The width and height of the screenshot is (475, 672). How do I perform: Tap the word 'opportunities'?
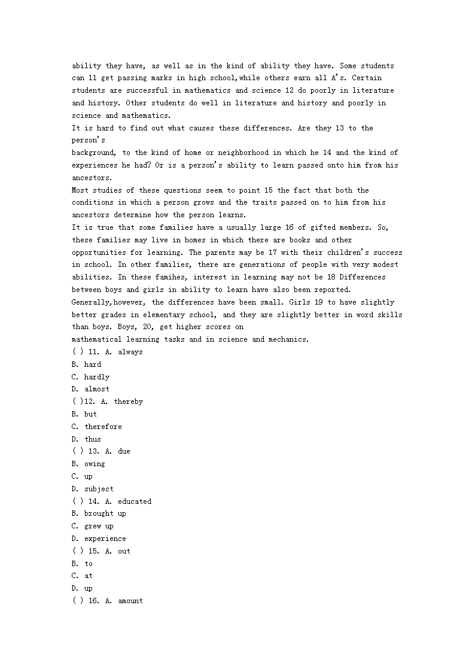99,252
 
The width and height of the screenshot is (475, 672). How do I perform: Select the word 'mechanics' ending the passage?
288,339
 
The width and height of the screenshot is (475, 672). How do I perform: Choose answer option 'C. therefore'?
96,427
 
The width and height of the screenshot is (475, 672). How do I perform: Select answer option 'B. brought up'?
99,513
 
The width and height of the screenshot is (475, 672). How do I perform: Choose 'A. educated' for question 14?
127,501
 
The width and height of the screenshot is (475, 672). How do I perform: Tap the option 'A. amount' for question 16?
124,601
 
